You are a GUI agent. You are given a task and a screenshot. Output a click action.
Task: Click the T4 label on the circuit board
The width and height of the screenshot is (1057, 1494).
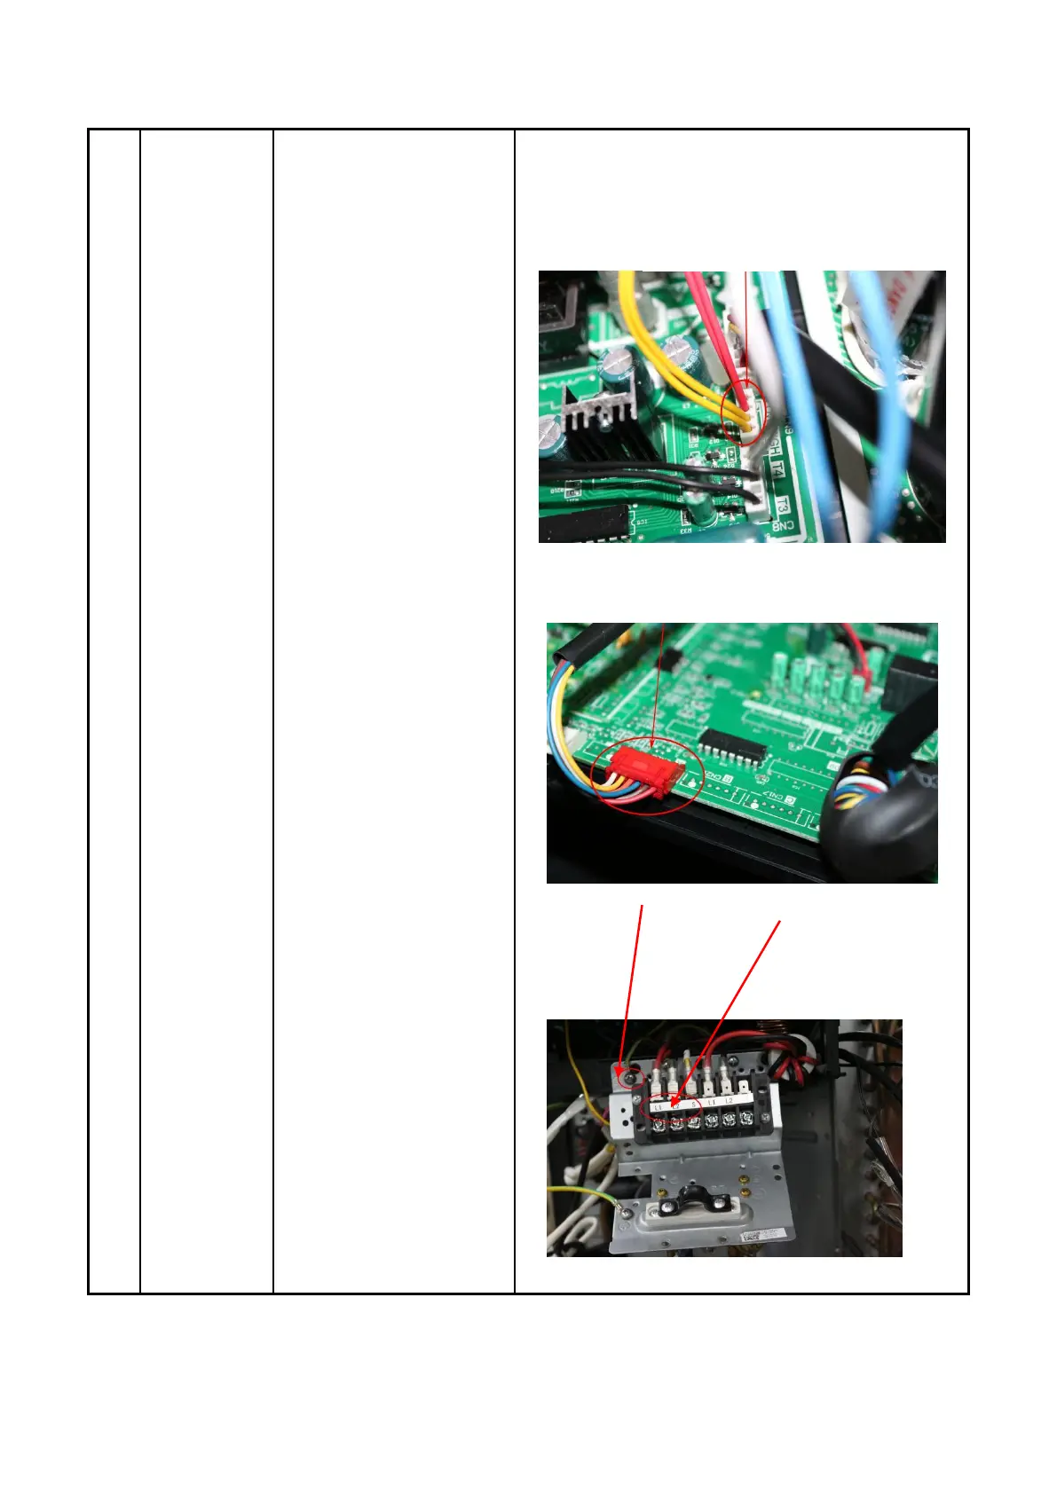(778, 469)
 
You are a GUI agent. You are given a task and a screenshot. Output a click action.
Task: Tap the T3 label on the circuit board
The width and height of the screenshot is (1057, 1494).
(782, 505)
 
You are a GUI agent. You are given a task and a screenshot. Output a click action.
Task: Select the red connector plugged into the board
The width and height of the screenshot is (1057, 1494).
(645, 767)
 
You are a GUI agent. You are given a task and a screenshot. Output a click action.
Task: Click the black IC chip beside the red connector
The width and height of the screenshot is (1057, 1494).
(732, 749)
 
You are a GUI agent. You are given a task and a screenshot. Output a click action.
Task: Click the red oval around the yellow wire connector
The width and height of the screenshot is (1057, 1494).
(745, 413)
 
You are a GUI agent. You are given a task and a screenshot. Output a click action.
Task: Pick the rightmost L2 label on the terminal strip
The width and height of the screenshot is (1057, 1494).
(729, 1101)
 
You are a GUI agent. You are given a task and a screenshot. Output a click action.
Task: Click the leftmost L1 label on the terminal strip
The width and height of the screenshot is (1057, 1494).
(658, 1106)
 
